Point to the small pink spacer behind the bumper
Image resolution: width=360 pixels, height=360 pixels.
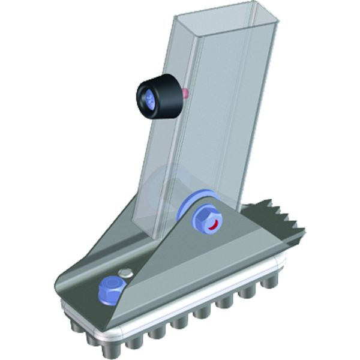[185, 92]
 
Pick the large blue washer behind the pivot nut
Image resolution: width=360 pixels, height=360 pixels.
[193, 207]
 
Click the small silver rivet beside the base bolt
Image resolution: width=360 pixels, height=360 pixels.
[125, 274]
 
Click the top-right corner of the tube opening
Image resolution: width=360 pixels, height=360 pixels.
[280, 22]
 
